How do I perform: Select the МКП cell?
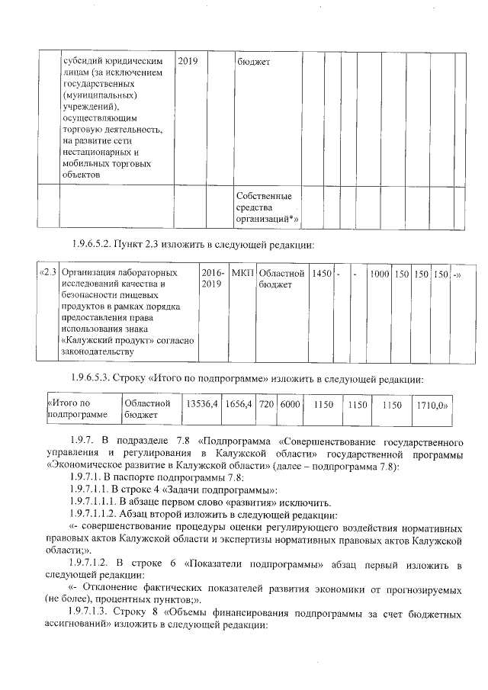242,273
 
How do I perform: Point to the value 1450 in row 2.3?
321,273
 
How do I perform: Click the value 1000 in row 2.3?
380,273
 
